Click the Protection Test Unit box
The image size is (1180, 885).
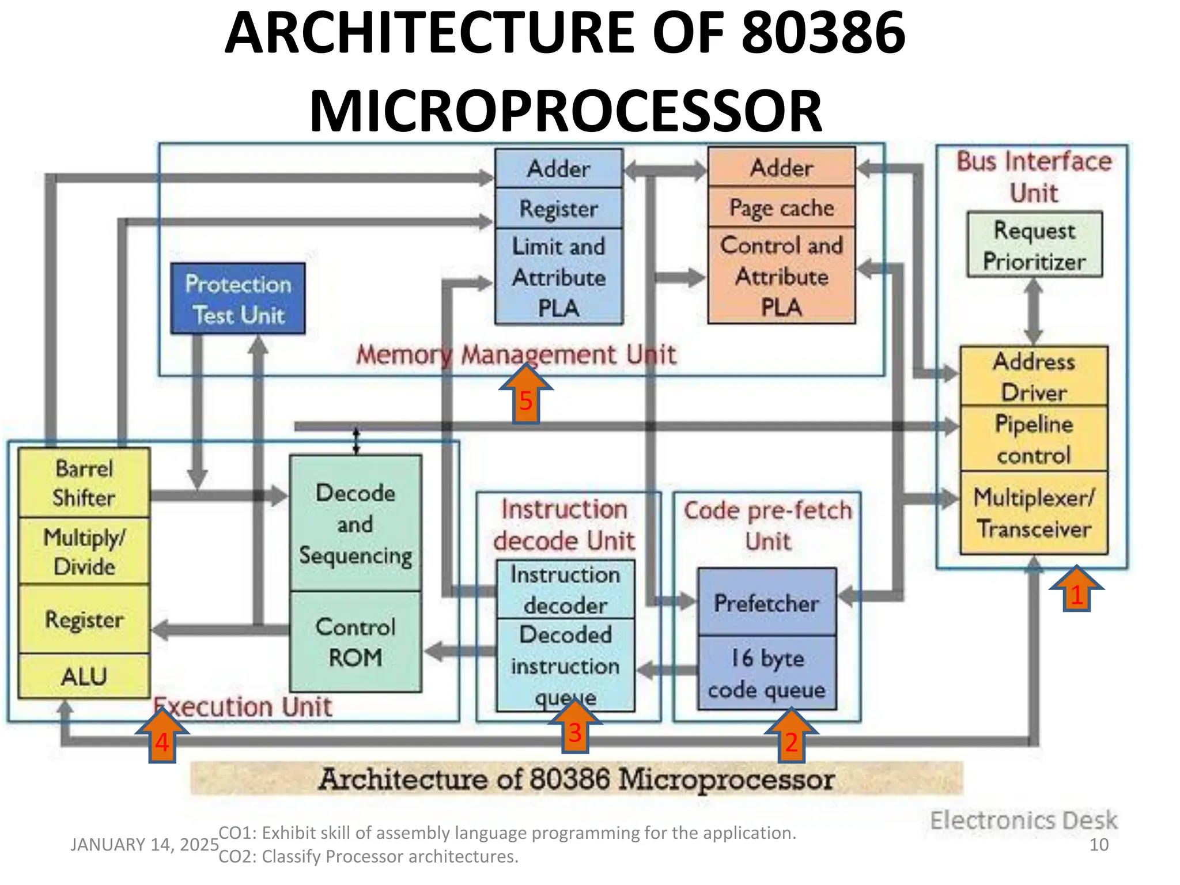click(x=238, y=298)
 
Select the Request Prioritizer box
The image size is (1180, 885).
click(x=1034, y=245)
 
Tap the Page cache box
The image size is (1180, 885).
click(x=781, y=207)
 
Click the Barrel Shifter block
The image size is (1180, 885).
click(x=84, y=483)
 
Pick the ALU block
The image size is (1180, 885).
click(x=84, y=676)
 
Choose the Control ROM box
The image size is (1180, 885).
click(x=355, y=641)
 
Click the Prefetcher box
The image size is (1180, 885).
click(x=767, y=603)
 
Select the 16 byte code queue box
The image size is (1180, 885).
click(x=767, y=673)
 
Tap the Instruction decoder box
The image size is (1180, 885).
click(x=565, y=589)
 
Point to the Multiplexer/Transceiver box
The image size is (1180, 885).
click(x=1034, y=513)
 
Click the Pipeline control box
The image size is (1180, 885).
click(x=1034, y=439)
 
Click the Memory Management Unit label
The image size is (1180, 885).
click(x=516, y=354)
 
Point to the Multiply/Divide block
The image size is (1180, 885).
click(x=84, y=551)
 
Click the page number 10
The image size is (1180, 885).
click(x=1099, y=845)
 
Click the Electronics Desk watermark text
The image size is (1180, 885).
click(x=1024, y=820)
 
